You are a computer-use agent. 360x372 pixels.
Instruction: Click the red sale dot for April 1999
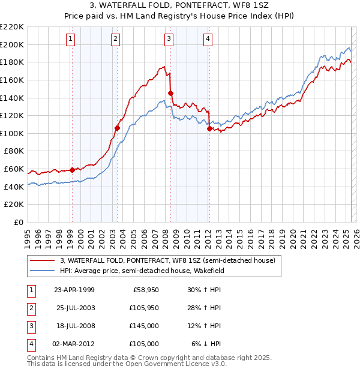click(x=73, y=170)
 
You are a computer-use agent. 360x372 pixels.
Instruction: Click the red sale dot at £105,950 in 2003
click(x=118, y=128)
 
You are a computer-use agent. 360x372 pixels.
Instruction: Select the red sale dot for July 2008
click(x=170, y=93)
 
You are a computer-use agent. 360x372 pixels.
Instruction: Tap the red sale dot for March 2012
click(x=209, y=128)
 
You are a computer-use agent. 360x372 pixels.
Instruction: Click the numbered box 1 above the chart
click(x=71, y=40)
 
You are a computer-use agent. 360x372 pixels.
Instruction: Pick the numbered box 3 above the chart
click(x=169, y=40)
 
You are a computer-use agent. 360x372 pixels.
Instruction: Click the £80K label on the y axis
click(x=14, y=151)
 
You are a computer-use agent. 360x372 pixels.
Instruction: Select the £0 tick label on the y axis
click(x=18, y=223)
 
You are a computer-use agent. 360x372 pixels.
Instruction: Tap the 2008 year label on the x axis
click(x=165, y=234)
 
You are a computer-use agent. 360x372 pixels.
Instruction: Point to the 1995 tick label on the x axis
click(x=28, y=234)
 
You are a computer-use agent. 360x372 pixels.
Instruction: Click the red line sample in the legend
click(x=42, y=260)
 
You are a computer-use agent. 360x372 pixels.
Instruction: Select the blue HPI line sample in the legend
click(x=42, y=271)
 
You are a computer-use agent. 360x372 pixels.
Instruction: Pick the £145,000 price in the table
click(x=145, y=326)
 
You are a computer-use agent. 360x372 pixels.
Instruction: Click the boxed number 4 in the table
click(x=29, y=344)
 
